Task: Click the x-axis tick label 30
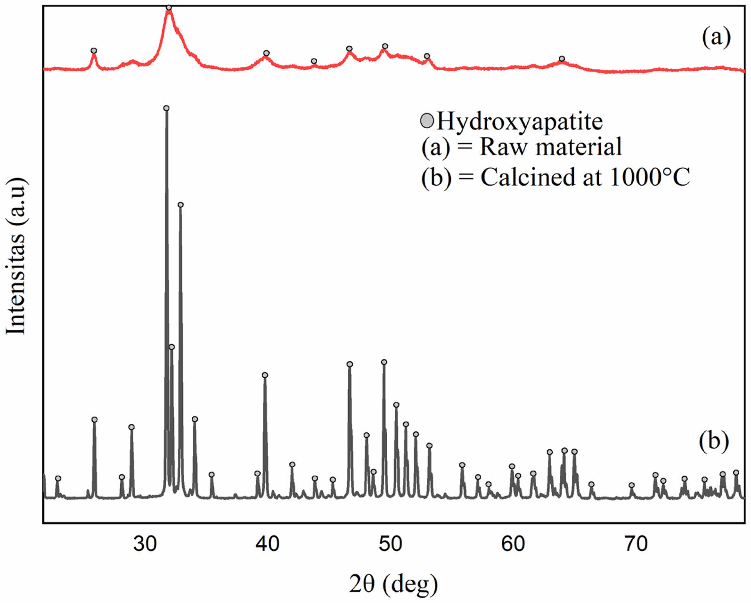(145, 544)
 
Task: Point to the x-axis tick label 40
(268, 544)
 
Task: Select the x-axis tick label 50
(390, 544)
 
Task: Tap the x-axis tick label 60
(513, 544)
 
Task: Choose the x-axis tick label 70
(636, 544)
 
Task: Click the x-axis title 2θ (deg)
(393, 584)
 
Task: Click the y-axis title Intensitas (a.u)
(16, 256)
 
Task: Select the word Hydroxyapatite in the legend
(520, 122)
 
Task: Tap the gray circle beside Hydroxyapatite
(427, 121)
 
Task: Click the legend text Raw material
(551, 147)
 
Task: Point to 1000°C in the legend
(650, 177)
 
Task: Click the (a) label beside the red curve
(716, 37)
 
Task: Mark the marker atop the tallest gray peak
(166, 108)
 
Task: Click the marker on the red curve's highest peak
(169, 8)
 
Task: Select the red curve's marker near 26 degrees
(94, 50)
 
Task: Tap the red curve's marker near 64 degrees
(562, 59)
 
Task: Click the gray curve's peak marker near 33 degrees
(180, 204)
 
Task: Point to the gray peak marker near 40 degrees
(265, 375)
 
